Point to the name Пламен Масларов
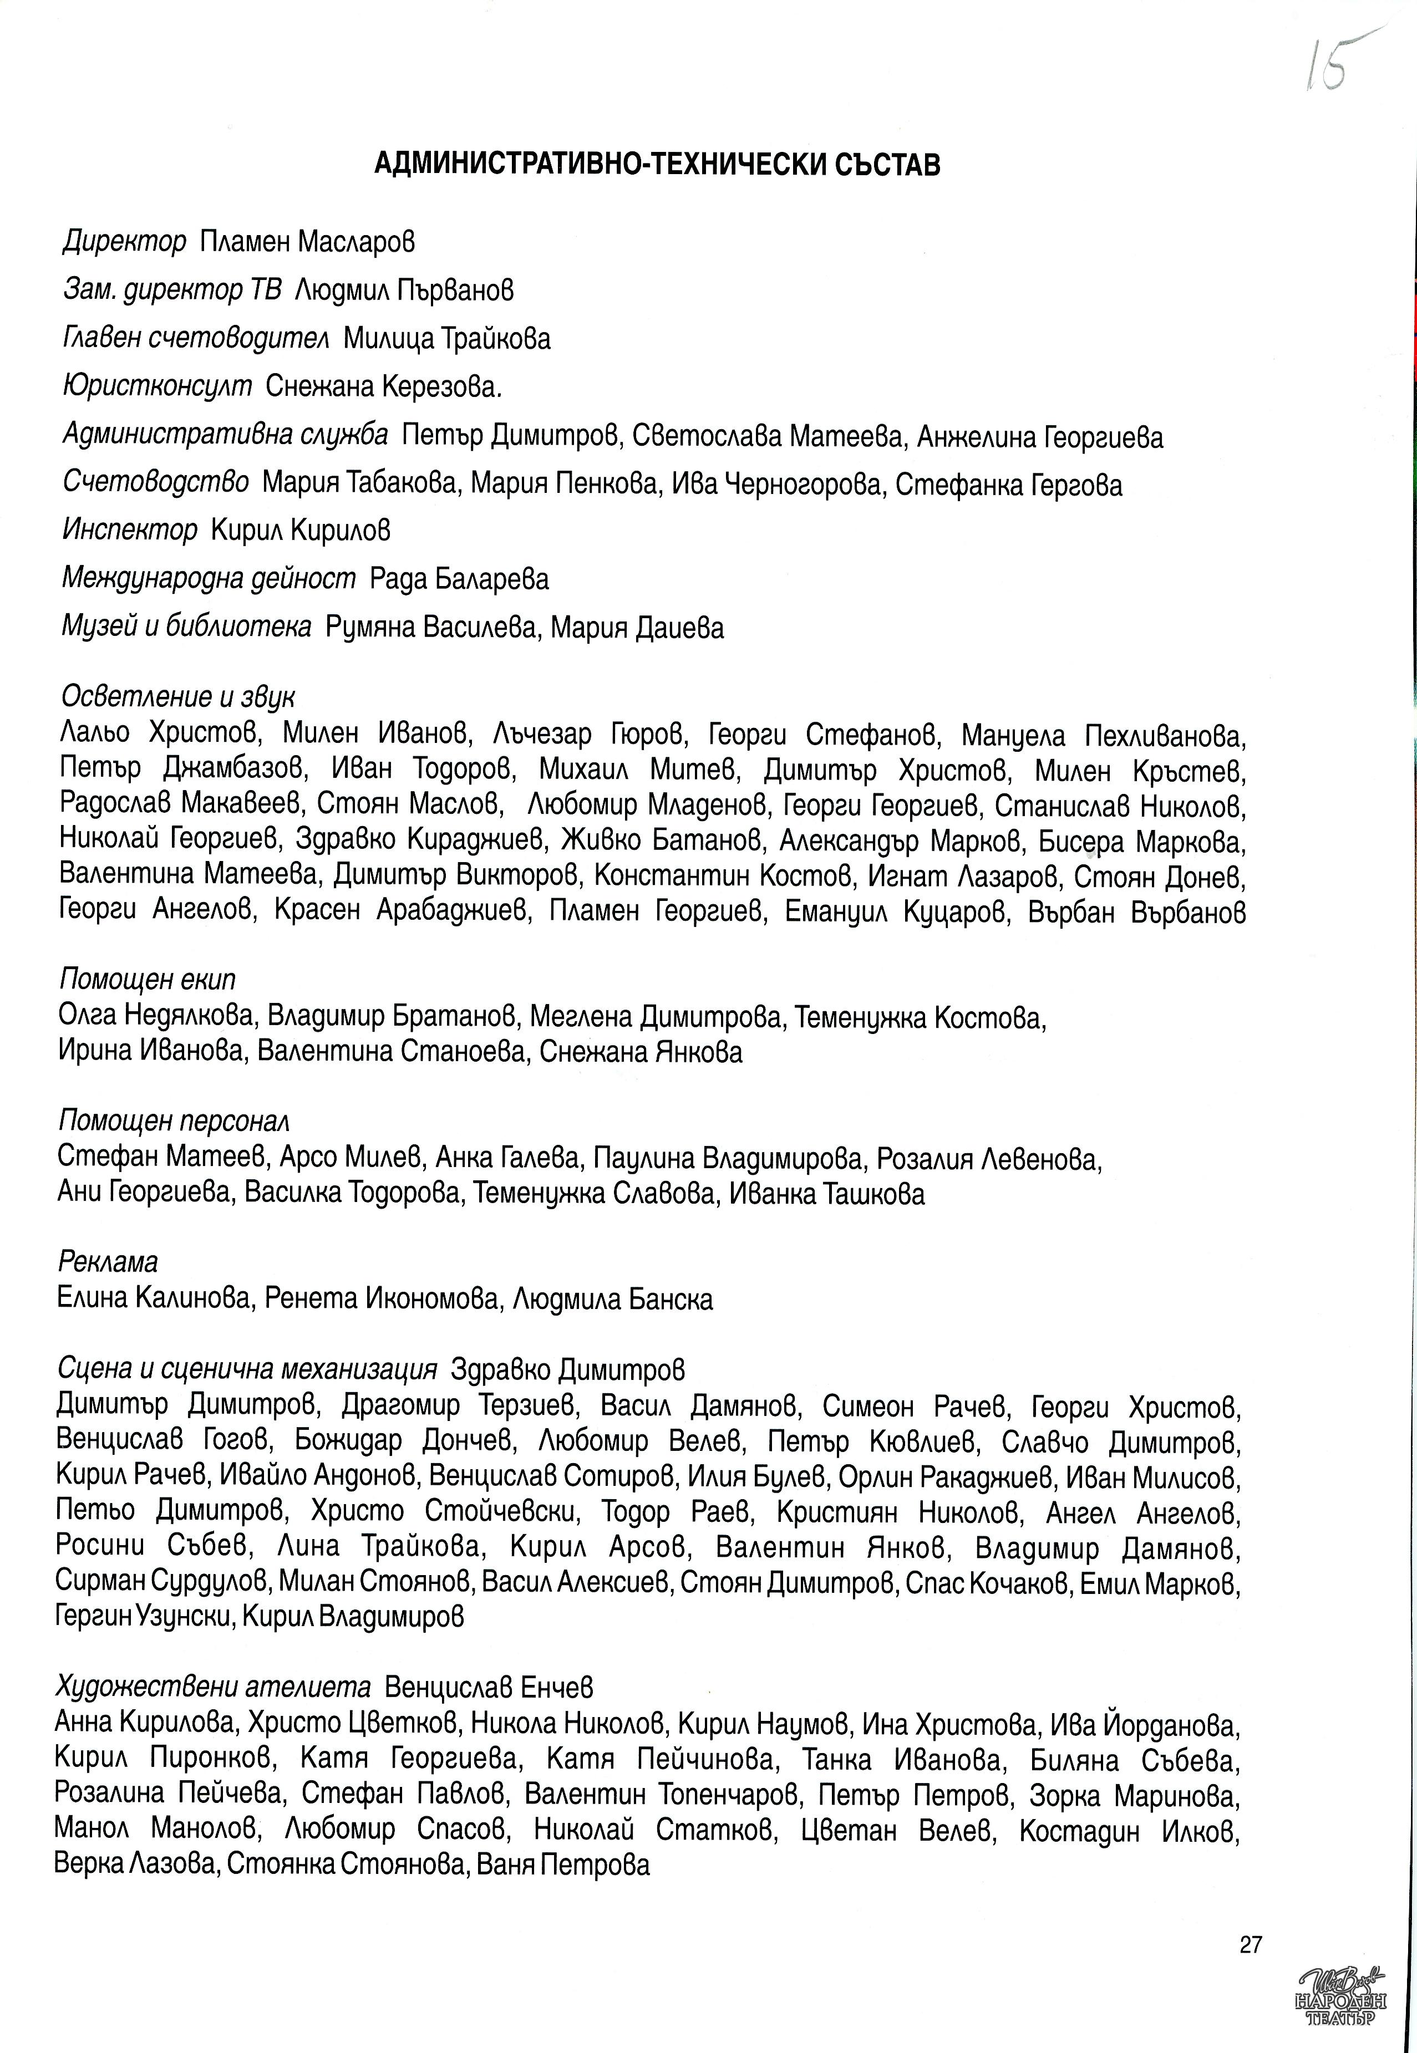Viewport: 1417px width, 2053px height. point(307,241)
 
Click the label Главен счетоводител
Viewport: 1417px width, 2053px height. point(196,338)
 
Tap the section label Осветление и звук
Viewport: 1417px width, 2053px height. point(177,697)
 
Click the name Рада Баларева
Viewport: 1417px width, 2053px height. point(460,579)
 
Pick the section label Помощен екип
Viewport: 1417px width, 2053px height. point(148,979)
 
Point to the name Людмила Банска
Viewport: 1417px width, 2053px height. point(613,1300)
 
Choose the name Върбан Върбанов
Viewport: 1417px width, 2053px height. point(1137,913)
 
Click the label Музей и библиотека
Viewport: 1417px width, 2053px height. point(186,628)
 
